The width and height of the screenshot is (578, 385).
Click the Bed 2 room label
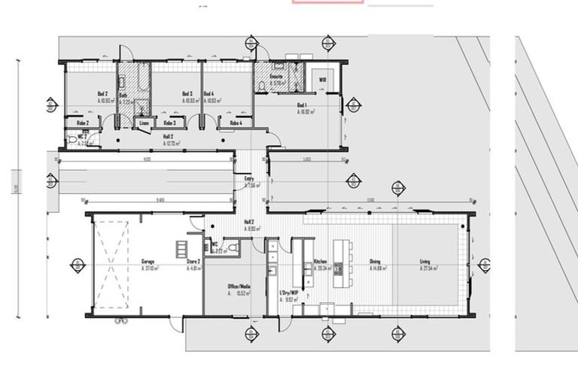click(102, 94)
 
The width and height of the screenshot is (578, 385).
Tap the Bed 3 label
click(187, 94)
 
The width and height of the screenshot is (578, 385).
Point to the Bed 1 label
click(303, 105)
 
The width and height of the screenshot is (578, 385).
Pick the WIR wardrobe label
click(321, 79)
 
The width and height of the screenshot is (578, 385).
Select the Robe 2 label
click(83, 123)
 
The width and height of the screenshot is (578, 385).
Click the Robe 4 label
click(236, 123)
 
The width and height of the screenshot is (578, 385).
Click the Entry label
click(249, 179)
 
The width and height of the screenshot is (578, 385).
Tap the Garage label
click(148, 262)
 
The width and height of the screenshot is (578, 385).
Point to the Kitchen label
click(319, 262)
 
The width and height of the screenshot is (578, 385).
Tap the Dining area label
click(375, 262)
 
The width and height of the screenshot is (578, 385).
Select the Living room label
click(425, 262)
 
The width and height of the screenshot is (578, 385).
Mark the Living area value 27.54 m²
click(430, 268)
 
